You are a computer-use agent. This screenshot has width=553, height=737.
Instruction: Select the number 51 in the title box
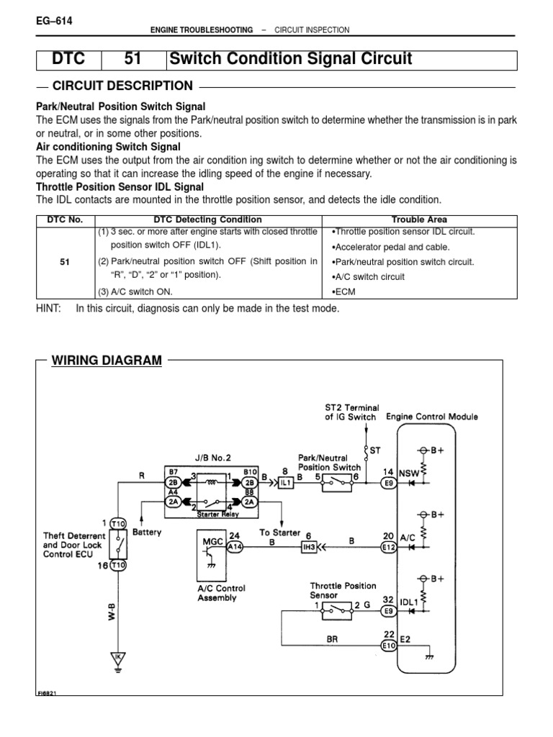pyautogui.click(x=134, y=60)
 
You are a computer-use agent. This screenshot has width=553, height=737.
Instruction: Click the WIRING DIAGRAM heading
pyautogui.click(x=107, y=360)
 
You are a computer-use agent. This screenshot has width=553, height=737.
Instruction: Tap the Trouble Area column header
pyautogui.click(x=418, y=220)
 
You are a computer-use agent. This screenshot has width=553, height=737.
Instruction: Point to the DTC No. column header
pyautogui.click(x=65, y=220)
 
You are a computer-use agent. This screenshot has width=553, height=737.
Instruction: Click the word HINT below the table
pyautogui.click(x=50, y=308)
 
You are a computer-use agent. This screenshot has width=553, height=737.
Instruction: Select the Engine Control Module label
pyautogui.click(x=432, y=417)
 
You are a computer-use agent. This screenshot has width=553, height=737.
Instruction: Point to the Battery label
pyautogui.click(x=147, y=533)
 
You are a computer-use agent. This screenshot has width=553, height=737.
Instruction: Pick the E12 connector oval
pyautogui.click(x=390, y=547)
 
